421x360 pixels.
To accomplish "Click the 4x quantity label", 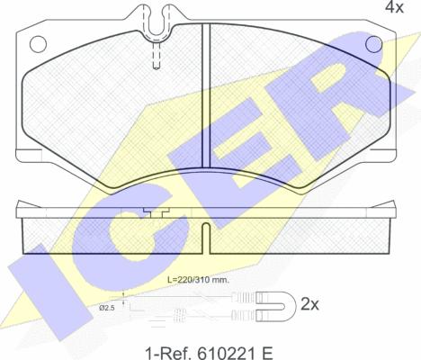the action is coord(394,7).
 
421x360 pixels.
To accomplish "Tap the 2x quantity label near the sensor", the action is coord(309,305).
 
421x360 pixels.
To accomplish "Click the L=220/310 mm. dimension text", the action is coord(198,280).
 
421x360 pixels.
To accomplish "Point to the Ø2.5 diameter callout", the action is coord(107,308).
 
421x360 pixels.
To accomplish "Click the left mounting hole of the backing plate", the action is coord(38,44).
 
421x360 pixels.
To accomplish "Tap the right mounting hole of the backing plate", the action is coord(373,44).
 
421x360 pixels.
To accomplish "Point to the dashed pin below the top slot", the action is coord(157,56).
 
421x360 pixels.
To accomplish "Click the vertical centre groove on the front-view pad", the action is coord(206,95).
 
